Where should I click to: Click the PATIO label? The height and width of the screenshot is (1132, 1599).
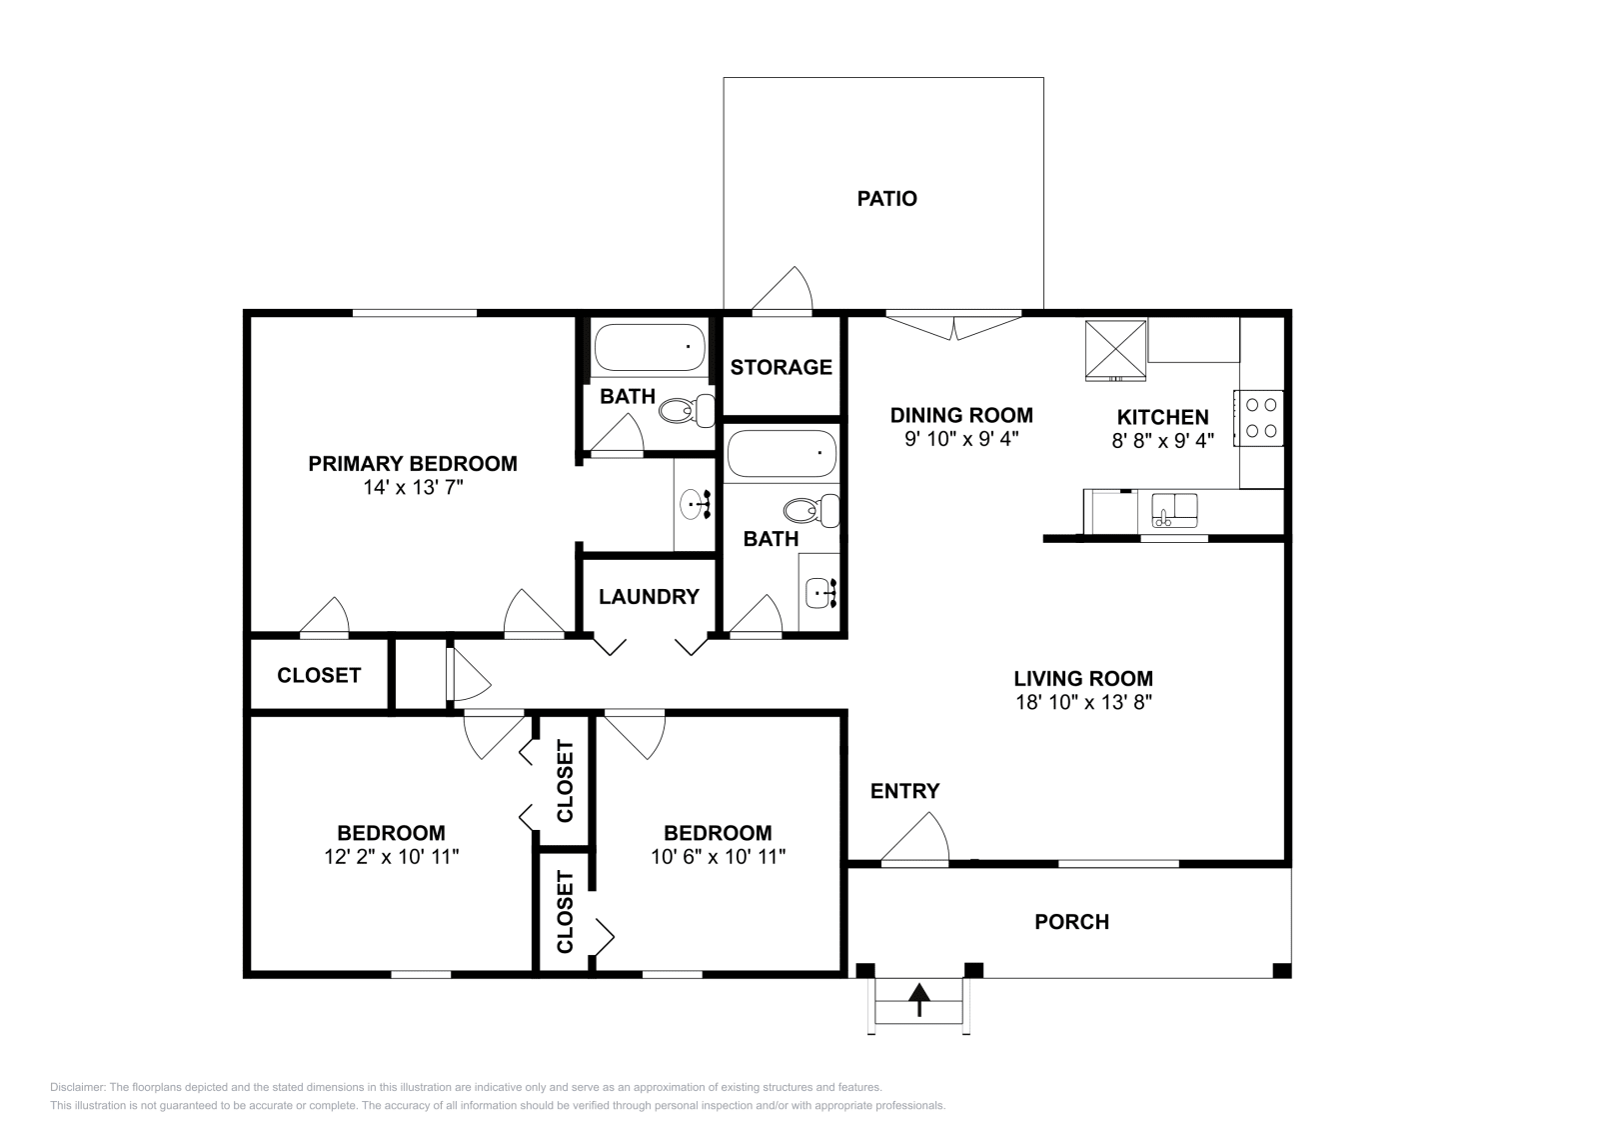pos(886,199)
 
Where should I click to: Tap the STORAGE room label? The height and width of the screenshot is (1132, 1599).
pos(781,367)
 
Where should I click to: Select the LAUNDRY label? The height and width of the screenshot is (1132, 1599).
pos(649,596)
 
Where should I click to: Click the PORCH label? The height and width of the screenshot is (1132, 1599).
pos(1071,921)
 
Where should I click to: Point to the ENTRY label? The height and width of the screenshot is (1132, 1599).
pos(904,791)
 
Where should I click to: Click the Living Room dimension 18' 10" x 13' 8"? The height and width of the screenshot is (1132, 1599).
pos(1083,702)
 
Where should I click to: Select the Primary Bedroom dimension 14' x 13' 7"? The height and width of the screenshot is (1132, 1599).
pos(414,487)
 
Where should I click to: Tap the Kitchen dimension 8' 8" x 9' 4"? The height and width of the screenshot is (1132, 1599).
pos(1163,441)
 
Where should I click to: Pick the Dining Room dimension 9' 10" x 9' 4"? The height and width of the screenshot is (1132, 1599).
pos(961,439)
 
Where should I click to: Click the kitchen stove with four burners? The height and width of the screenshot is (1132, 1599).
pos(1258,418)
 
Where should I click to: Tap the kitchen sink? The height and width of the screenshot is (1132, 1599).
pos(1174,511)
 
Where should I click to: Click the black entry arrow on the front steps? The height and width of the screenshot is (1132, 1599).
pos(919,999)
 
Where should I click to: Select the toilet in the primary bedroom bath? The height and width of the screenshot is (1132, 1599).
pos(687,411)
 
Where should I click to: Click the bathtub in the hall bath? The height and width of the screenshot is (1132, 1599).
pos(782,454)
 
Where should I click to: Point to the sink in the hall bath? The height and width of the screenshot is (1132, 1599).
pos(821,593)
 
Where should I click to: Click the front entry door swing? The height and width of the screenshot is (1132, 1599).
pos(915,840)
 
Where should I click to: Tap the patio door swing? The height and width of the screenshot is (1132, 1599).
pos(783,291)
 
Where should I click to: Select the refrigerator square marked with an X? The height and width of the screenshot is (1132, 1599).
pos(1115,351)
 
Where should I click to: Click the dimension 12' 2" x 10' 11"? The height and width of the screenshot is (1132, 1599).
pos(391,856)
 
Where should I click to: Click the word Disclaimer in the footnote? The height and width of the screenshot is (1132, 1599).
pos(78,1087)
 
